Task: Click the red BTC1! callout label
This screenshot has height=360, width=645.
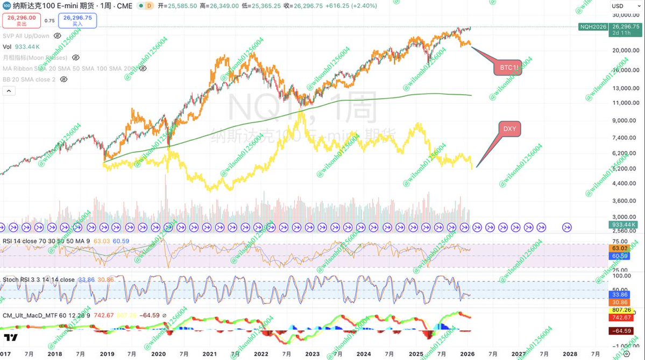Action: (x=507, y=67)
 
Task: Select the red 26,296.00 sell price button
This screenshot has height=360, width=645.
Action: (x=22, y=20)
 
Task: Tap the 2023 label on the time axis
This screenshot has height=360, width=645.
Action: (x=312, y=354)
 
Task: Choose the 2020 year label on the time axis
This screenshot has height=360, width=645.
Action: (x=158, y=354)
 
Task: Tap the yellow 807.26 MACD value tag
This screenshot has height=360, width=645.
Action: (x=622, y=310)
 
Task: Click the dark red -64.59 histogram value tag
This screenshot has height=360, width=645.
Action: (x=622, y=331)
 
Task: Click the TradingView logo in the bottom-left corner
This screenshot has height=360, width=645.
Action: (x=11, y=338)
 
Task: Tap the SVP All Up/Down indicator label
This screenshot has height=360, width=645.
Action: (x=26, y=36)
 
